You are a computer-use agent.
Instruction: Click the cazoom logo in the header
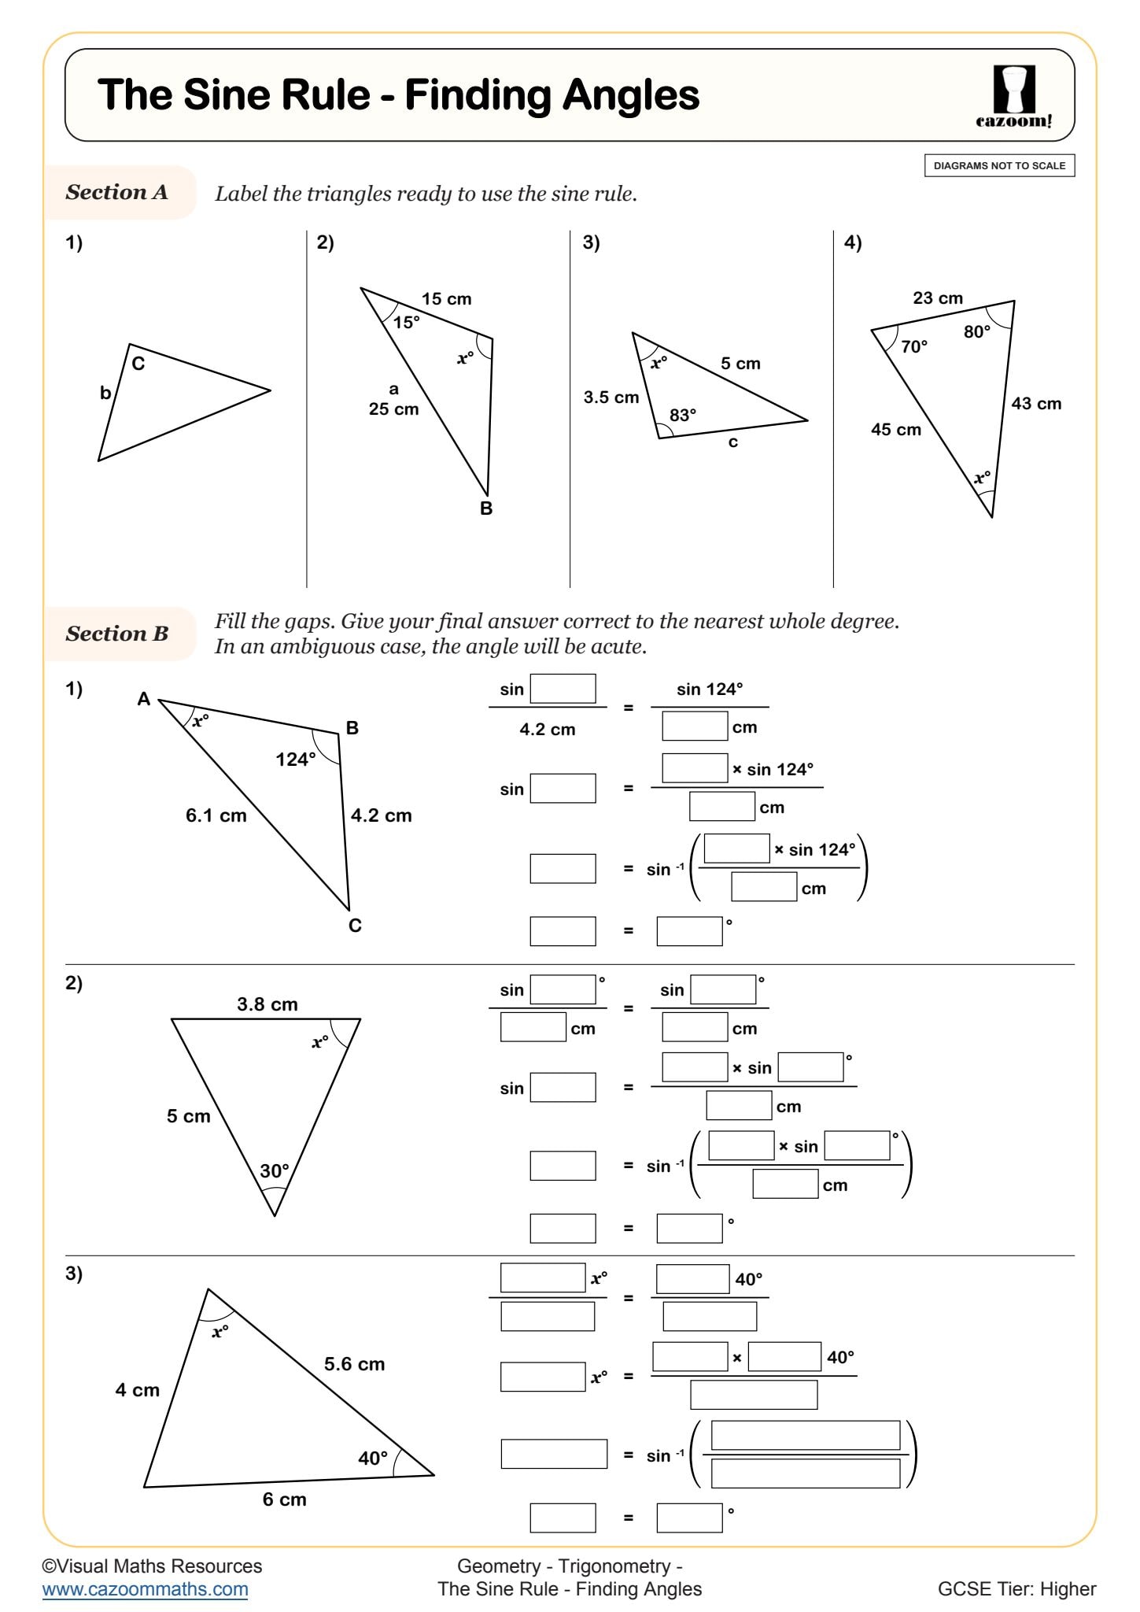point(1013,96)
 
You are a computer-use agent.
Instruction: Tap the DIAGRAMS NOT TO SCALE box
point(998,166)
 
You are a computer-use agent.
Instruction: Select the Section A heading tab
point(117,192)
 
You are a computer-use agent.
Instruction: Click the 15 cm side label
point(446,299)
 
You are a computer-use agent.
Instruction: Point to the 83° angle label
point(682,415)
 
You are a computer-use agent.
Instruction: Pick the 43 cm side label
point(1035,404)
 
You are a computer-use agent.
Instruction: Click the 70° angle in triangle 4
point(913,346)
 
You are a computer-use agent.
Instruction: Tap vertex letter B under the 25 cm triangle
point(486,508)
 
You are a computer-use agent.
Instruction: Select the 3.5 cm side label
point(611,397)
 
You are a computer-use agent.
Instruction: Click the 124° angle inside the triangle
point(295,760)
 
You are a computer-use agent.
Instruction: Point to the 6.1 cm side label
point(216,815)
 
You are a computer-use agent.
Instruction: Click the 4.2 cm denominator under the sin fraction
point(547,730)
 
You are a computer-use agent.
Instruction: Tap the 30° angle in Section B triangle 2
point(275,1170)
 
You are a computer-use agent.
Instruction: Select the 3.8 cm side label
point(267,1004)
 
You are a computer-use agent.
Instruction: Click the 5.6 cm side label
point(354,1364)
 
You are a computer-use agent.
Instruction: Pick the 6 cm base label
point(284,1499)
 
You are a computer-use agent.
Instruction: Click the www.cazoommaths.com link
point(145,1588)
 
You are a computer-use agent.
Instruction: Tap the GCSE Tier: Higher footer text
point(1016,1588)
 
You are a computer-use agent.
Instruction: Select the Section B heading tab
point(117,634)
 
